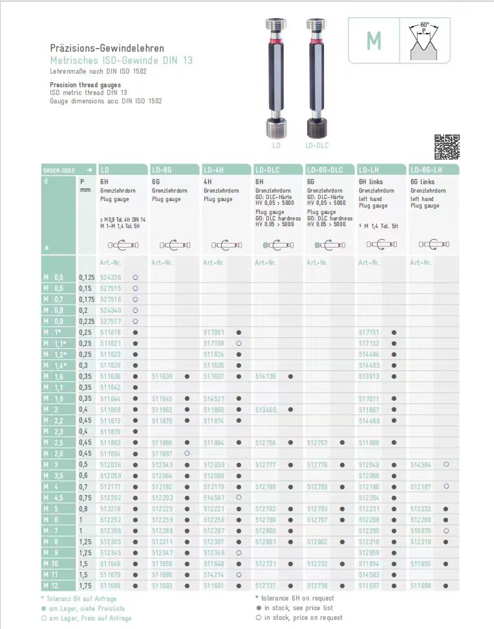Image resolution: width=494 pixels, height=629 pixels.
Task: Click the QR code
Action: coord(446,147)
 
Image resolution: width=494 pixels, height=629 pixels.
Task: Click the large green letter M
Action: coord(374,41)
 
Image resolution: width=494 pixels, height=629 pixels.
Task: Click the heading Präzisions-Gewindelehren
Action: coord(107,48)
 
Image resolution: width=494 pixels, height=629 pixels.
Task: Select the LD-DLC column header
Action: coord(267,169)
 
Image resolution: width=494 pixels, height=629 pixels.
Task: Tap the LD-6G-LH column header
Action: coord(426,169)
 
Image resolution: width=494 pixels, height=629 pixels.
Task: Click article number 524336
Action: coord(111,277)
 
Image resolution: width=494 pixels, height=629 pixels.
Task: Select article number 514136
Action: coord(266,376)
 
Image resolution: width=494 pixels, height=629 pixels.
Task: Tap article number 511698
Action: coord(421,586)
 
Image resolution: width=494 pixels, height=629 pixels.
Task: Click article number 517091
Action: coord(214,332)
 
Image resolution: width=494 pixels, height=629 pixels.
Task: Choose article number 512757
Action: coord(317,443)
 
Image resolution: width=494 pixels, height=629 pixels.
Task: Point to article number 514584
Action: coord(421,465)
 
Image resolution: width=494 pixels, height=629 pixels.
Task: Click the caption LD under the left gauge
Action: coord(276,146)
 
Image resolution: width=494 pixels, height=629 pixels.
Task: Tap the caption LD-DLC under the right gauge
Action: coord(317,146)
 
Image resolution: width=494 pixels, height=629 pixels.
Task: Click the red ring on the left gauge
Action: coord(276,45)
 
